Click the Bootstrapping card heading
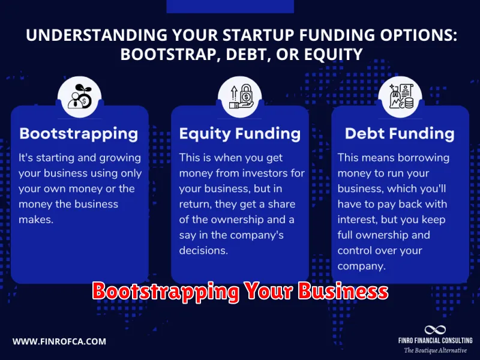[79, 134]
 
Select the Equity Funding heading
[240, 134]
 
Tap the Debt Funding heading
[400, 134]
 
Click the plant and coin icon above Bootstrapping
[80, 96]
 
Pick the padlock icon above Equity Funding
[241, 97]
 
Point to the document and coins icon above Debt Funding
[401, 96]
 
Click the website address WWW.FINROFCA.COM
[59, 341]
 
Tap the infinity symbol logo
[435, 330]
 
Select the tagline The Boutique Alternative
[436, 350]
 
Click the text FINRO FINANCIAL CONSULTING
[436, 340]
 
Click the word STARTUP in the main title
[259, 35]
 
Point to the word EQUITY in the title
[334, 55]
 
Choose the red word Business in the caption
[343, 291]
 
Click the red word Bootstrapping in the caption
[166, 292]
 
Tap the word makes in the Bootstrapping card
[36, 220]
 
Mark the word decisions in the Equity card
[203, 250]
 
